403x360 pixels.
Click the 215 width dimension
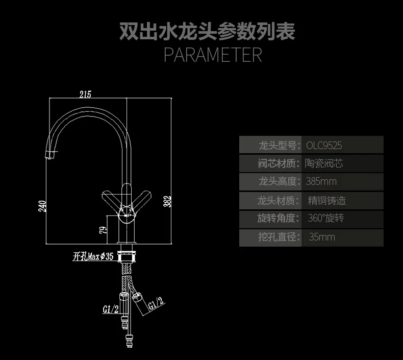point(85,94)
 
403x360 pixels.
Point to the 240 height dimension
point(42,206)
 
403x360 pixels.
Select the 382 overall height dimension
point(167,201)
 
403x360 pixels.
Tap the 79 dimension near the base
point(103,230)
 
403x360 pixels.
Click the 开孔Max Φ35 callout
point(93,256)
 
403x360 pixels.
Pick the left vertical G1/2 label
point(111,309)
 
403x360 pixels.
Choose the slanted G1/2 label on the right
point(156,303)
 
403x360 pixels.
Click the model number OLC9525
point(324,146)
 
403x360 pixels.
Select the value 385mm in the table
point(321,181)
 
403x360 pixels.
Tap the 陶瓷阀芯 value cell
point(324,163)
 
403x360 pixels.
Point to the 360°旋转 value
point(325,218)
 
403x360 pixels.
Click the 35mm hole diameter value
point(322,237)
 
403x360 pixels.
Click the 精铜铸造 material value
point(327,201)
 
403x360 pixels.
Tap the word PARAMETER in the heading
point(213,55)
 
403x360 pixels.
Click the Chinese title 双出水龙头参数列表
point(207,31)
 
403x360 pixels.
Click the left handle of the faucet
point(112,201)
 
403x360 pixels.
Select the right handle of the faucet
point(141,201)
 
